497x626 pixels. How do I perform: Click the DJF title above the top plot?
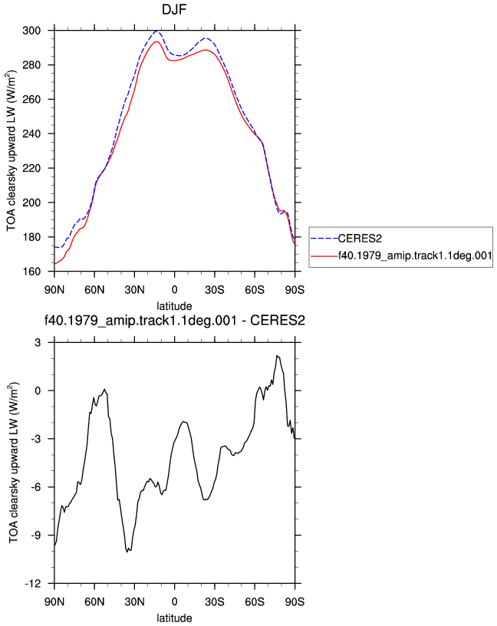174,9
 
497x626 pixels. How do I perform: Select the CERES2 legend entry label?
360,239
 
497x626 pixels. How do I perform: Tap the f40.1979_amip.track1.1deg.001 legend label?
415,255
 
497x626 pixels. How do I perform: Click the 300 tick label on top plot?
31,31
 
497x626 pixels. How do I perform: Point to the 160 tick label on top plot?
31,272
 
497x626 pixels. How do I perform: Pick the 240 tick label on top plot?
31,133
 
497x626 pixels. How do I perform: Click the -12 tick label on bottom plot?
33,584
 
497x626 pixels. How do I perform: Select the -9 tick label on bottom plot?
35,535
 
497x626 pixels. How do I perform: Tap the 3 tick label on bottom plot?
38,343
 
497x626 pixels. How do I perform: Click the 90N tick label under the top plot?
54,290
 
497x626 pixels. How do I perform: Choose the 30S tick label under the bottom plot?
215,601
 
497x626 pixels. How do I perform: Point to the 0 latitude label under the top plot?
174,290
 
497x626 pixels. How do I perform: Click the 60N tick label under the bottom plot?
94,601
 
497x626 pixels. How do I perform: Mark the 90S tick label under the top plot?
295,290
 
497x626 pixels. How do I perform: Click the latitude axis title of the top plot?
174,306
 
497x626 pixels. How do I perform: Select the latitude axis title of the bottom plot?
174,618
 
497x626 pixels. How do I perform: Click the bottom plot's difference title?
174,321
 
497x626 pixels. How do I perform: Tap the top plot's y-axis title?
12,150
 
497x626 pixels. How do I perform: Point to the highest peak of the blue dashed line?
156,31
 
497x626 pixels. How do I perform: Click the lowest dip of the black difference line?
127,552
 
